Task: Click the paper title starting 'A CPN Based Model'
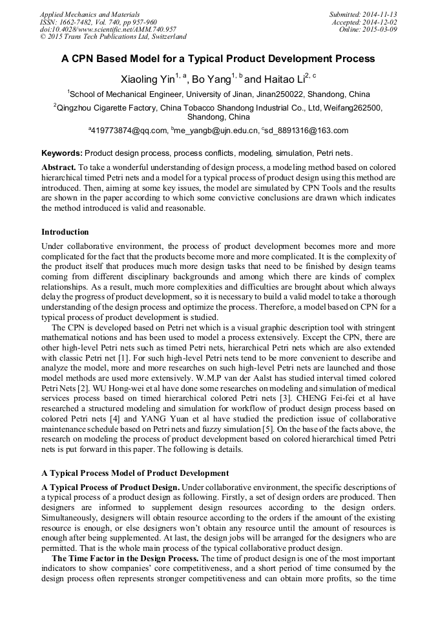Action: (218, 59)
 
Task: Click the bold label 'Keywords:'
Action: (62, 154)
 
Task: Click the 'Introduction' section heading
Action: (65, 231)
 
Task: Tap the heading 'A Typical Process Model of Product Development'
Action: (134, 473)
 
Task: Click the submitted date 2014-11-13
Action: (379, 14)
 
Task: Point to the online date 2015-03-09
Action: (382, 29)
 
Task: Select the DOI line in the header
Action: (108, 29)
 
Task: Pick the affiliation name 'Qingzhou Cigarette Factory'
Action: (103, 108)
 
